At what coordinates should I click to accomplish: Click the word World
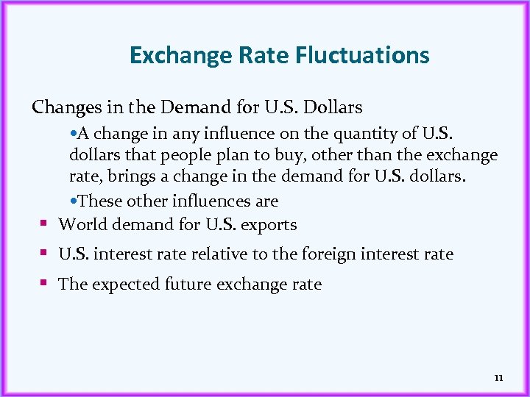tap(81, 224)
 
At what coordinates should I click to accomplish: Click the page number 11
tap(498, 378)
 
